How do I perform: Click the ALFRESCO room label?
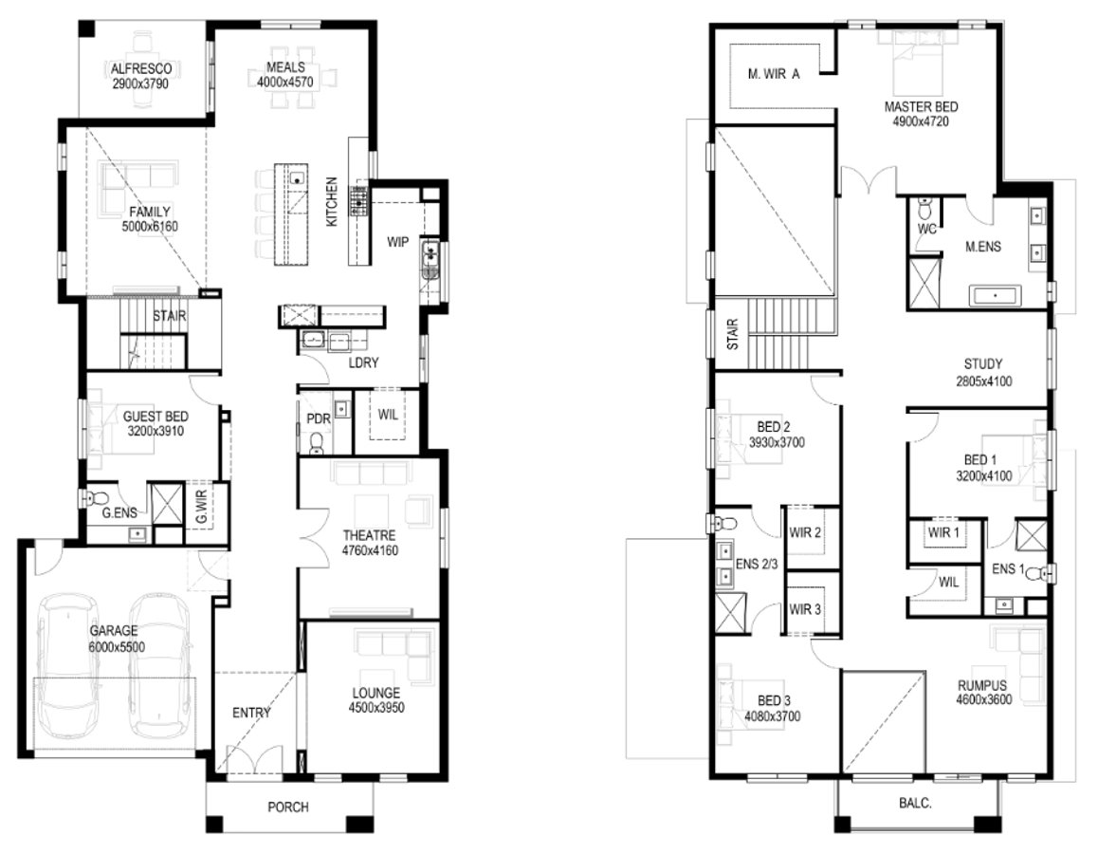141,68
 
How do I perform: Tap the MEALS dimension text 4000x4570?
285,83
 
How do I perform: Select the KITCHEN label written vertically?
332,202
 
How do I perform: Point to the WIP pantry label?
397,242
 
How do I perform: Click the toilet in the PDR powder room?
317,443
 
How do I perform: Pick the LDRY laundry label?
363,362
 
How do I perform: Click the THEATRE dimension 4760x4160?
370,550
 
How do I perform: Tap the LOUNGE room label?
376,693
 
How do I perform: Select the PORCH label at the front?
288,808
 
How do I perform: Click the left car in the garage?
68,664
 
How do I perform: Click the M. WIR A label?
774,74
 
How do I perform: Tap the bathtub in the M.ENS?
995,296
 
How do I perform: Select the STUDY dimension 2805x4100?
984,381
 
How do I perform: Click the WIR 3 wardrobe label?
805,609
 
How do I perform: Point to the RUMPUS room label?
981,686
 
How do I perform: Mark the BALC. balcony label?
915,804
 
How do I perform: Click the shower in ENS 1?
1031,535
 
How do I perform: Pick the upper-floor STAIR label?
733,334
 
